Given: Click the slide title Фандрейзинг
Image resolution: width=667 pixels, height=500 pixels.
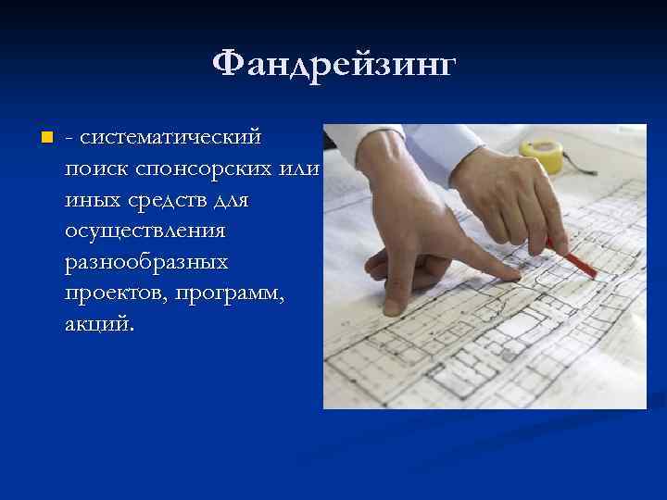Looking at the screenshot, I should [x=333, y=66].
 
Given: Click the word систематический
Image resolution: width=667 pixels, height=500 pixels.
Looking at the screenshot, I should [x=171, y=139].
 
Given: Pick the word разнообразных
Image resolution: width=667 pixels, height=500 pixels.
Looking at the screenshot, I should [x=146, y=263].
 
